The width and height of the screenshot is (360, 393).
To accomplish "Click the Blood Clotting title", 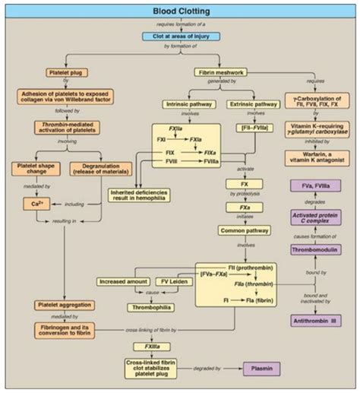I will [x=179, y=10].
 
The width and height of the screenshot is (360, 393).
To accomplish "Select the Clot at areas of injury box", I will [x=181, y=36].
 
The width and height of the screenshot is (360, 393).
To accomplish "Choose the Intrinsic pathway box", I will [x=188, y=103].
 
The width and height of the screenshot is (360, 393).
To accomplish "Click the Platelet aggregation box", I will [x=65, y=305].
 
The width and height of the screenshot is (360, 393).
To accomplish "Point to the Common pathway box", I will [x=245, y=230].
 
